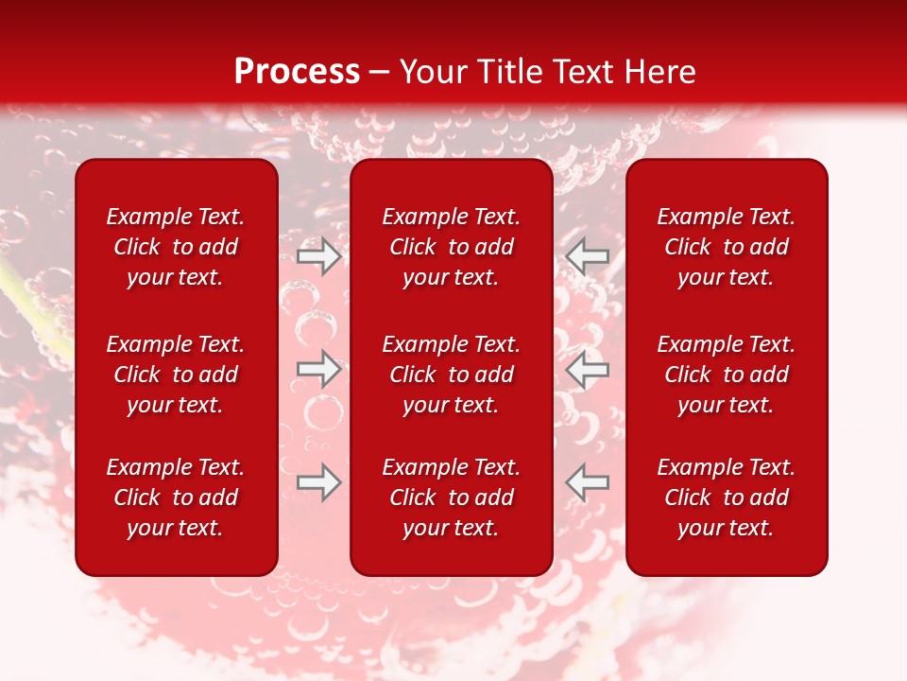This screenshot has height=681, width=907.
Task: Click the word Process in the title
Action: tap(297, 72)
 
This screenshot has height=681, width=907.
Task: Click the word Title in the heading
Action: tap(510, 72)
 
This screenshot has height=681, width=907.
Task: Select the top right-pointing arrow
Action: tap(319, 255)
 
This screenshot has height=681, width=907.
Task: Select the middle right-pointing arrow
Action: tap(319, 369)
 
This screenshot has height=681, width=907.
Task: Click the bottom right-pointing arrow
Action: tap(319, 482)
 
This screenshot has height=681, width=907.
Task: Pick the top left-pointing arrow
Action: tap(587, 255)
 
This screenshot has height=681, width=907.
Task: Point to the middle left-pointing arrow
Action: tap(587, 369)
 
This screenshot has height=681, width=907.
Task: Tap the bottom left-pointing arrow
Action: tap(587, 482)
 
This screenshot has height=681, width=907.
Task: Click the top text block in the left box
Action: tap(176, 247)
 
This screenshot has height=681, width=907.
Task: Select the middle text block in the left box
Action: tap(176, 375)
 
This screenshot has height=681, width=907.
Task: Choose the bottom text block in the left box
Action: tap(176, 498)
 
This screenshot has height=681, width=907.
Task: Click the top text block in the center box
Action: tap(451, 247)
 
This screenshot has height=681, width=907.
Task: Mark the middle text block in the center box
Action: tap(451, 375)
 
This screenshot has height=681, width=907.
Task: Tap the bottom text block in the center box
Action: tap(451, 498)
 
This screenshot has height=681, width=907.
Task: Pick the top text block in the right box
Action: tap(726, 247)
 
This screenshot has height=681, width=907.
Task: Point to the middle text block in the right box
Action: tap(726, 375)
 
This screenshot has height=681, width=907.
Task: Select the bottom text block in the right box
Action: tap(726, 498)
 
